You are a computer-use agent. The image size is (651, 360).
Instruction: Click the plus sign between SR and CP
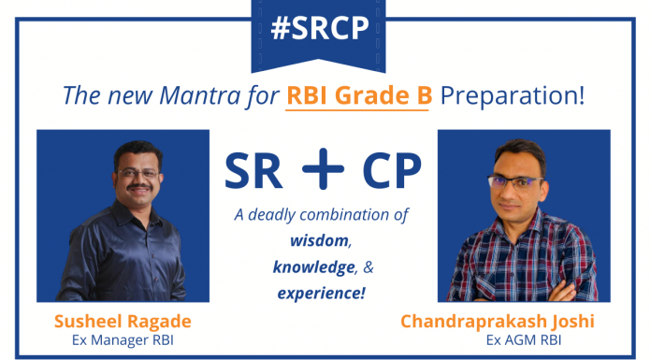[324, 169]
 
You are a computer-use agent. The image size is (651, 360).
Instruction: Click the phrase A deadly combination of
[323, 214]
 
